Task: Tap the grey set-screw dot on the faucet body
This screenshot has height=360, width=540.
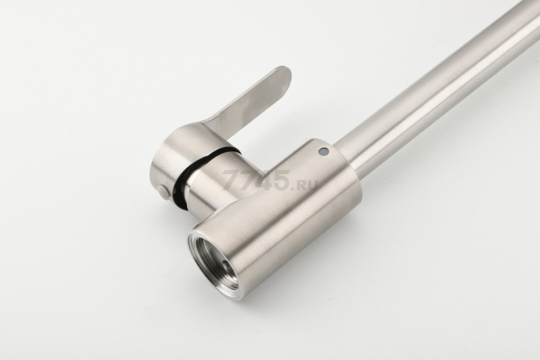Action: [x=323, y=151]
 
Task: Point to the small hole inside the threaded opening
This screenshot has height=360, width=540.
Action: [x=225, y=263]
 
